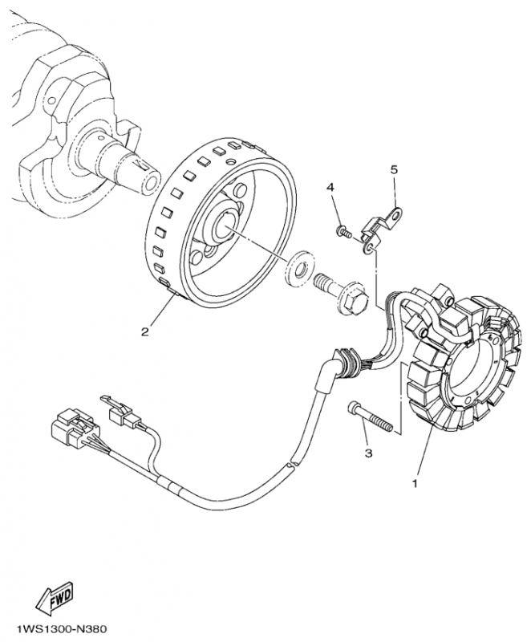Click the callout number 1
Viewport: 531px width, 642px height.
click(415, 484)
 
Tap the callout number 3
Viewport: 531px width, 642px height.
click(368, 453)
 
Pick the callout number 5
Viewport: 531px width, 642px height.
click(394, 170)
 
